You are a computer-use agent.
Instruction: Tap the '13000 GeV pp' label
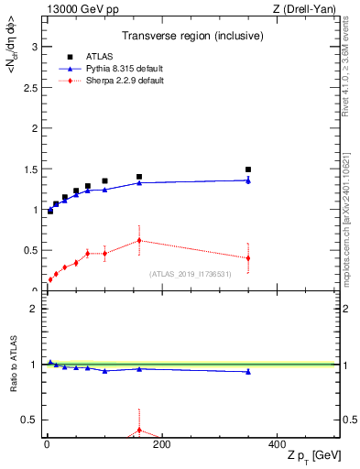coord(77,9)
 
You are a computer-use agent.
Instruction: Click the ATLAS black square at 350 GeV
coord(248,169)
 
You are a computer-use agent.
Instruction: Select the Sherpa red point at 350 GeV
coord(248,257)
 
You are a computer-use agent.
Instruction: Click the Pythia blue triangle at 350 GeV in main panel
coord(248,180)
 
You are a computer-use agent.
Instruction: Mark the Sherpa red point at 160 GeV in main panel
coord(139,240)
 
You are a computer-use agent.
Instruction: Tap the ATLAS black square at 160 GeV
coord(139,177)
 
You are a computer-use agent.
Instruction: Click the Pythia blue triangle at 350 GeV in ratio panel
coord(248,371)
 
